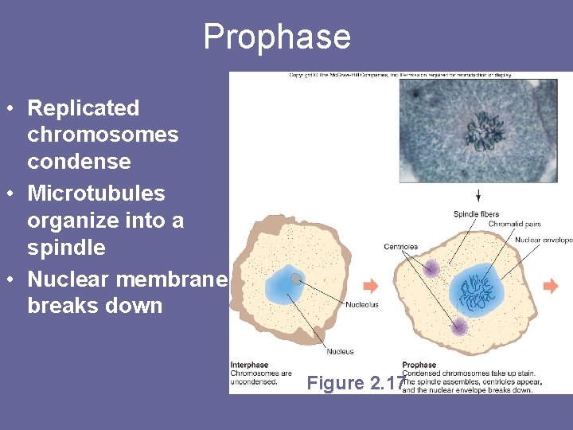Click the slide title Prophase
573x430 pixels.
click(276, 37)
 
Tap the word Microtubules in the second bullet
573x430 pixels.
click(96, 193)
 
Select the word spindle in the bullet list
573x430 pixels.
click(66, 248)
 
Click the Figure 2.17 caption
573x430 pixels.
click(356, 383)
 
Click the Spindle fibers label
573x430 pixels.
click(477, 213)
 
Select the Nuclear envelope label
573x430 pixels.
click(544, 240)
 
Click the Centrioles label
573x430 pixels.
click(400, 247)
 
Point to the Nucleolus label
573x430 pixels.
click(362, 304)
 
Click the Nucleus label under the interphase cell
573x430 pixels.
click(340, 351)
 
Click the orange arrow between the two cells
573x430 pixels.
click(370, 286)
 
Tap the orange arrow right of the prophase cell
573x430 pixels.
click(551, 286)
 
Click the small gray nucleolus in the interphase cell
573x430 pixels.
click(296, 279)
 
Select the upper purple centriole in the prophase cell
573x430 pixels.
click(431, 268)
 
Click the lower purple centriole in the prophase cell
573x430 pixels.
click(458, 326)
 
